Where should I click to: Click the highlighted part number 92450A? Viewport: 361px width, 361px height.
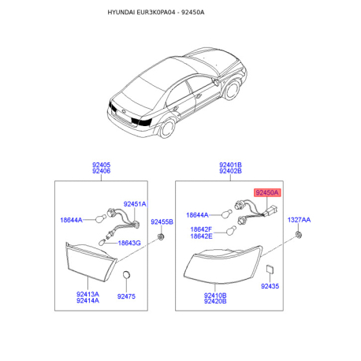click(267, 192)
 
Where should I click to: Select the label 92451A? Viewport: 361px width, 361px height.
click(135, 204)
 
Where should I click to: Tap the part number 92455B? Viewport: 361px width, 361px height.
click(162, 222)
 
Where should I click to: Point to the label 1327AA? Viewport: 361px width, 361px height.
click(299, 220)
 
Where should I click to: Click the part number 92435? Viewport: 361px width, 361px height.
click(270, 286)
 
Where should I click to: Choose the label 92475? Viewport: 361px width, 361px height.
click(126, 296)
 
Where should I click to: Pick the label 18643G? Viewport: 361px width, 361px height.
click(129, 243)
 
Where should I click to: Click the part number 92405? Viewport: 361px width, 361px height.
click(101, 165)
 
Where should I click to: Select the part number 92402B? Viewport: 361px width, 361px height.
click(230, 171)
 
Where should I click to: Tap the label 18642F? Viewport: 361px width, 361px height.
click(201, 229)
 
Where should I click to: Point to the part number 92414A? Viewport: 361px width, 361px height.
click(87, 300)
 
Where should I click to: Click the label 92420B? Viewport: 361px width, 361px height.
click(215, 301)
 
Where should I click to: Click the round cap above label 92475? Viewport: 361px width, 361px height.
click(126, 274)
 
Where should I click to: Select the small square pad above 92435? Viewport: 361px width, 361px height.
click(270, 269)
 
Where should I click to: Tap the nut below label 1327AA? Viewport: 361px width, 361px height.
click(298, 234)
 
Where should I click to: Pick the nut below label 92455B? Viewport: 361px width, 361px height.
click(161, 236)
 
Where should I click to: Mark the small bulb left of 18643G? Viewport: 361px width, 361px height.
click(102, 242)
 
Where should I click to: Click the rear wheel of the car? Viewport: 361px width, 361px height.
click(168, 128)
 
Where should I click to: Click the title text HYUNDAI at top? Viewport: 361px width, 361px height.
click(121, 13)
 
